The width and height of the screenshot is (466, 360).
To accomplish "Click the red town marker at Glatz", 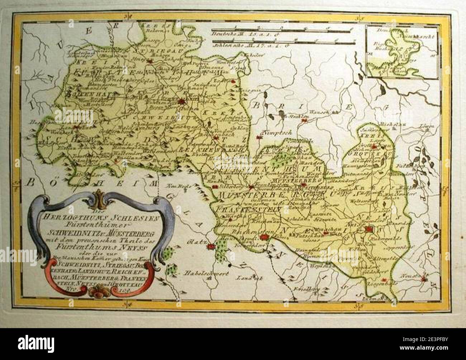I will pyautogui.click(x=212, y=246).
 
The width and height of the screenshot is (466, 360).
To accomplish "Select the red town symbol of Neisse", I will pyautogui.click(x=368, y=230).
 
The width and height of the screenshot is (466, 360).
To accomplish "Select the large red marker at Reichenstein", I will pyautogui.click(x=264, y=236).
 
